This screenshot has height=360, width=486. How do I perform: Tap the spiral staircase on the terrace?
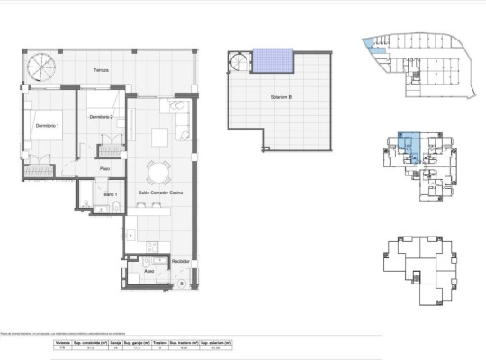point(40,67)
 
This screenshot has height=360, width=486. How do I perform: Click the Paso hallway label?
point(105,167)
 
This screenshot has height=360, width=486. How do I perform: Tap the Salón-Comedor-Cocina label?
point(159,193)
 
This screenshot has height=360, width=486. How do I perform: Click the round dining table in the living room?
point(159,172)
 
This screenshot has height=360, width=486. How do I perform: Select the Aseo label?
point(149,269)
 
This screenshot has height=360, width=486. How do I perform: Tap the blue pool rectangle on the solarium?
point(274,60)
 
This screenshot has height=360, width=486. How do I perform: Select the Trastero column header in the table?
point(158,343)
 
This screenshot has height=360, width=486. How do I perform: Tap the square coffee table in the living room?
point(160,137)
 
